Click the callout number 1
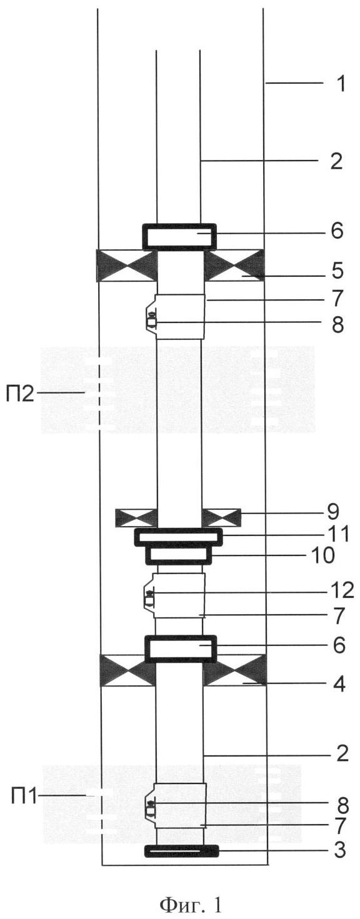coord(340,84)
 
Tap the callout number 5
coord(337,271)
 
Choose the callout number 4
coord(338,683)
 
